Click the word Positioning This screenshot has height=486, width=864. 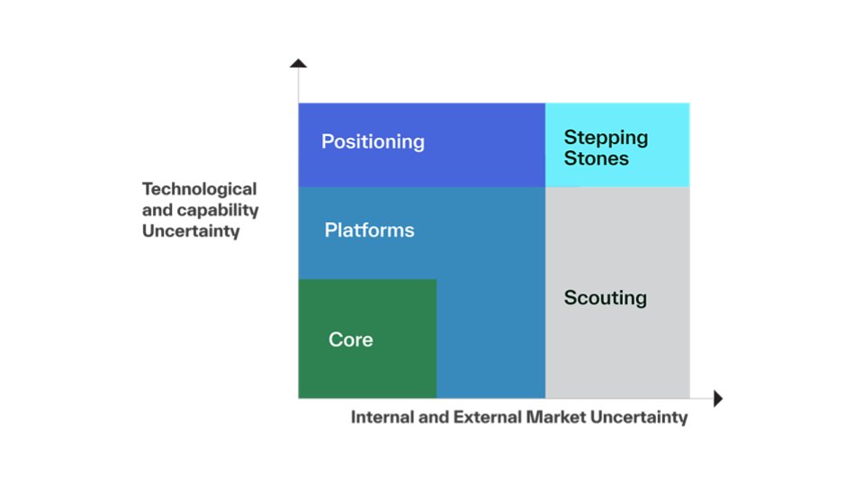click(x=373, y=142)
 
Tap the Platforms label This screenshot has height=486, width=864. click(x=369, y=230)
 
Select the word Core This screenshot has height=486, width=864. click(x=351, y=340)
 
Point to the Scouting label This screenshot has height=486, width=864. click(x=605, y=298)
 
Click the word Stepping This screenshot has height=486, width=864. click(x=606, y=138)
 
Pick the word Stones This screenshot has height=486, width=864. click(x=596, y=158)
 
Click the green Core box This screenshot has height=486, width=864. click(x=367, y=369)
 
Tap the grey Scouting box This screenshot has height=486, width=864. click(x=617, y=351)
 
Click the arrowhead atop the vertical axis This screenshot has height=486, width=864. click(x=298, y=63)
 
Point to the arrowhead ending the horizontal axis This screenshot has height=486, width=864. click(x=717, y=398)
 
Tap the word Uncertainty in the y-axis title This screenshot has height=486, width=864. click(x=191, y=230)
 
